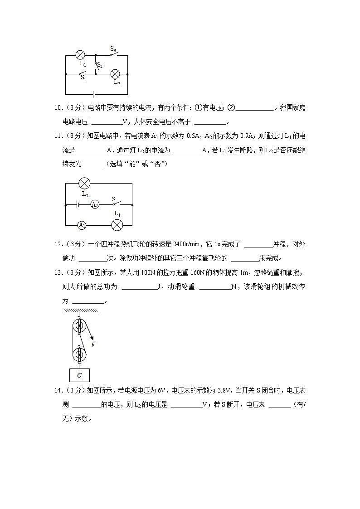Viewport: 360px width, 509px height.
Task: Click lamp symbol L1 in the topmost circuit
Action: coord(80,55)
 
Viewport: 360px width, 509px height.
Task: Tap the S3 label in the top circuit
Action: coord(113,48)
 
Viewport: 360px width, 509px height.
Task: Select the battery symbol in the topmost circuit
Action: coord(93,94)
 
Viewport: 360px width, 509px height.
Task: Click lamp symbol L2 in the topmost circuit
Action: coord(116,73)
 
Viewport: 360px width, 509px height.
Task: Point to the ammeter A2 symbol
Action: coord(95,204)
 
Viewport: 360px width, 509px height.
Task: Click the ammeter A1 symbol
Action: coord(82,225)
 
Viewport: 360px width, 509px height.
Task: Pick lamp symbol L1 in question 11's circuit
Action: coord(117,225)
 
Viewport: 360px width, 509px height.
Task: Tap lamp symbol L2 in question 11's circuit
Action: coord(84,183)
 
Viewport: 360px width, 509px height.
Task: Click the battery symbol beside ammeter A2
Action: coord(78,204)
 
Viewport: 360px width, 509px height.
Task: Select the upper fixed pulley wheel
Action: coord(79,326)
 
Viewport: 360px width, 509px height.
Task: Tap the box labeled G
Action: coord(79,375)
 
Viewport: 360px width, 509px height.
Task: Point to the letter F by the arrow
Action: coord(93,345)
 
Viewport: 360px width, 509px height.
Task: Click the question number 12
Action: coord(57,244)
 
